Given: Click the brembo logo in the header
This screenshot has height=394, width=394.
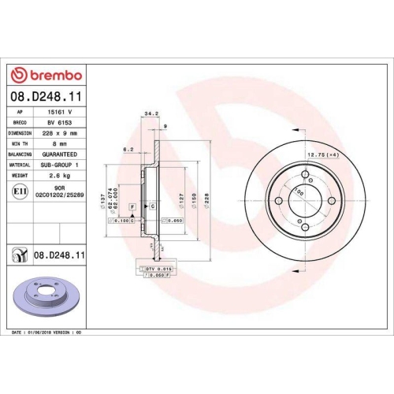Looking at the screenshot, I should (45, 75).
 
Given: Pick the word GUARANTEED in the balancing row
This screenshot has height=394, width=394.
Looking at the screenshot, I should (64, 154).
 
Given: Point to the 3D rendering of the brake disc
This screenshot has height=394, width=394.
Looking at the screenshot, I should (54, 298).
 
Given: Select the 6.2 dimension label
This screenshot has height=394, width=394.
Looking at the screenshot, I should (128, 149).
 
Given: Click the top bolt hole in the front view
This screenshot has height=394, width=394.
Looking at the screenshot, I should (304, 173).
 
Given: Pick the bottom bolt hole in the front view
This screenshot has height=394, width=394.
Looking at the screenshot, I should (304, 229).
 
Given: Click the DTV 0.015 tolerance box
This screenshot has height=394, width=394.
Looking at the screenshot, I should (158, 269).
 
